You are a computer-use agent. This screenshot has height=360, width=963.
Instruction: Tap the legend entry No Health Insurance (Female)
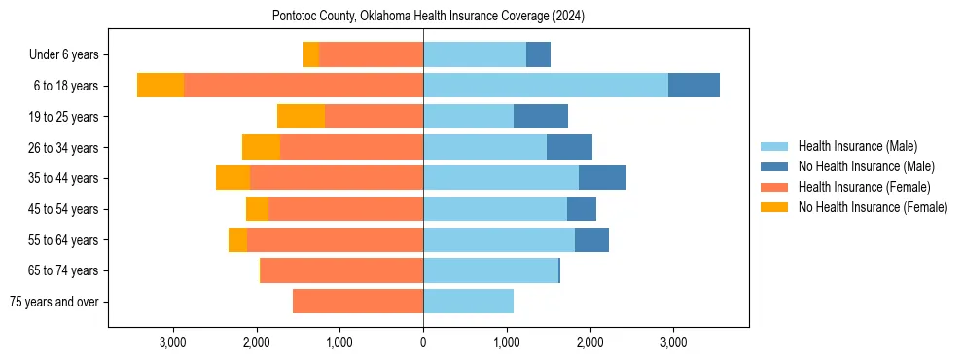click(873, 207)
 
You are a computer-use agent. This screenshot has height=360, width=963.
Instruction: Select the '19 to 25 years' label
click(65, 117)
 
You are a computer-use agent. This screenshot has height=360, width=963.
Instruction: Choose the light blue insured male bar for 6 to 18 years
click(545, 86)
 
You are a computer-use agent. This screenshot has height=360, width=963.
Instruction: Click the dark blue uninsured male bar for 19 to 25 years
click(541, 117)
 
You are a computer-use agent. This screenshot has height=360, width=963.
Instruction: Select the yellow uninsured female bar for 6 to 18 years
click(160, 86)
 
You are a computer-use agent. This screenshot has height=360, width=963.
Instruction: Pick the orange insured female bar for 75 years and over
click(358, 302)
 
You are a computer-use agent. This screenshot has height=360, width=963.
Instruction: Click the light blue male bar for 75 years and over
click(468, 302)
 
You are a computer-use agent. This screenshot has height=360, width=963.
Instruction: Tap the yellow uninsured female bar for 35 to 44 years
click(232, 178)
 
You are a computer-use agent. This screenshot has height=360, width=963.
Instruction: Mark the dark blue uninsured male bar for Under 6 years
click(538, 55)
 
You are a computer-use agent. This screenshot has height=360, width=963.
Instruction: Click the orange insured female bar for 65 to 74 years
click(341, 270)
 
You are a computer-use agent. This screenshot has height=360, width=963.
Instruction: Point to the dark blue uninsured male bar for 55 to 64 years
click(591, 239)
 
